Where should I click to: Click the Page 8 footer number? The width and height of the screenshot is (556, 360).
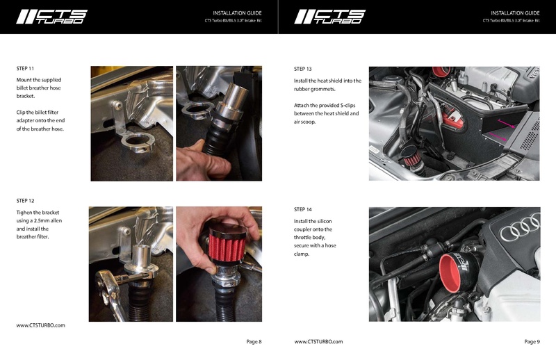pyautogui.click(x=254, y=341)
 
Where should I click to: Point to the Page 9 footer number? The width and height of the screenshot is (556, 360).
pyautogui.click(x=532, y=341)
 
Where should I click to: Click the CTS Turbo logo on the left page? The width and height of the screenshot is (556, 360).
pyautogui.click(x=51, y=17)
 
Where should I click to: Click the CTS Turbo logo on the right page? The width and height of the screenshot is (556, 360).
pyautogui.click(x=329, y=17)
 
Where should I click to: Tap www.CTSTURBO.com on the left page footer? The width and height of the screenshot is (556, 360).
pyautogui.click(x=40, y=325)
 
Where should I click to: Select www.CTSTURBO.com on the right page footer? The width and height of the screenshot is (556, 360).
pyautogui.click(x=318, y=341)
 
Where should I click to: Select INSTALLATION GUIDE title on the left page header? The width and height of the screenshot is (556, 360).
pyautogui.click(x=237, y=13)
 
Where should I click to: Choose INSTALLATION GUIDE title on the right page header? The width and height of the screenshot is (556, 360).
pyautogui.click(x=515, y=13)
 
